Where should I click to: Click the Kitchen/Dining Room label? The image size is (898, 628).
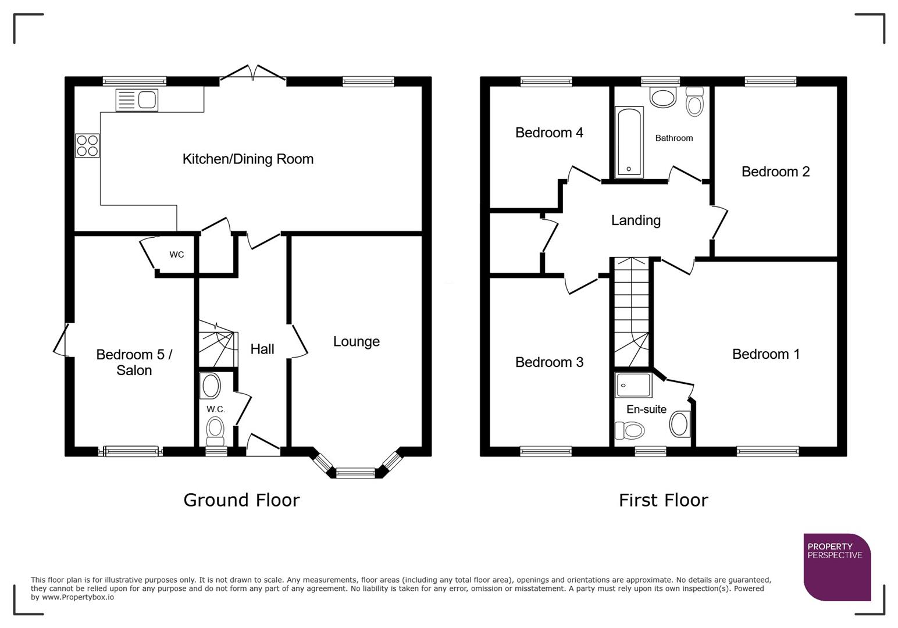(x=248, y=159)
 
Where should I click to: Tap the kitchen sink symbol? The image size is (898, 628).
(x=137, y=99)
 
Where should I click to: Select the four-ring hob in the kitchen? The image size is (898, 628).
(x=87, y=145)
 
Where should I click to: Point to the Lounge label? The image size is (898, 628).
(x=356, y=341)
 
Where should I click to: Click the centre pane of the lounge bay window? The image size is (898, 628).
(x=356, y=473)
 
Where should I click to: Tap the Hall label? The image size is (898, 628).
(x=262, y=349)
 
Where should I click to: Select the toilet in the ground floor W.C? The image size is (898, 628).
(x=215, y=429)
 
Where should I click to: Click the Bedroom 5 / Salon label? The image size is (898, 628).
(x=134, y=362)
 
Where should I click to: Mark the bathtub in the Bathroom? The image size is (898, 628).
(x=629, y=141)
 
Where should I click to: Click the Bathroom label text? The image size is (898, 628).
(x=673, y=138)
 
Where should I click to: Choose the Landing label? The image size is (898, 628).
(x=636, y=220)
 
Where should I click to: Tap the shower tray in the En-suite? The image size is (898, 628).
(x=633, y=385)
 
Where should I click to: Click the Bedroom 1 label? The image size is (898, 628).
(x=765, y=354)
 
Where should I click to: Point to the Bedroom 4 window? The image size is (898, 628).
(x=546, y=81)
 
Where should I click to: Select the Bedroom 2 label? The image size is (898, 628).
(x=775, y=172)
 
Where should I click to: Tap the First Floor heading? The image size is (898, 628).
(x=663, y=500)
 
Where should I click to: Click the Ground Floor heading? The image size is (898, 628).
(x=241, y=500)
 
